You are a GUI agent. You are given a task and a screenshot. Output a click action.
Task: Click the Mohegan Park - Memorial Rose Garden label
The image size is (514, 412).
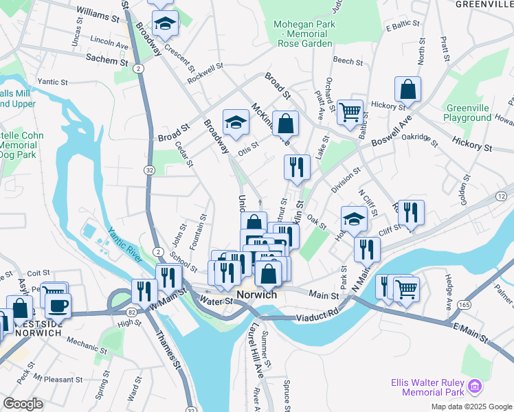click(x=303, y=34)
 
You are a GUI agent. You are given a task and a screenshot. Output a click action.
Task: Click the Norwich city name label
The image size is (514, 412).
click(x=256, y=295)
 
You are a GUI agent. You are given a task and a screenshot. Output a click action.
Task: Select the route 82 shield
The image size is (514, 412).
click(x=111, y=312)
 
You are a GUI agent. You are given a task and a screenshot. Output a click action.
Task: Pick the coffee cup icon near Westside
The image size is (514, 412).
click(x=58, y=304)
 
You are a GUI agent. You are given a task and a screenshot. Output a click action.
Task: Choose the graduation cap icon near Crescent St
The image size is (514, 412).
click(x=165, y=25)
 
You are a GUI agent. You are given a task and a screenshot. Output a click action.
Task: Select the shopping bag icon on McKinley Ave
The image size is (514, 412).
click(x=286, y=124)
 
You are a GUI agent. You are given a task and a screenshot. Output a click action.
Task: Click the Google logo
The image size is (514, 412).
click(x=23, y=404)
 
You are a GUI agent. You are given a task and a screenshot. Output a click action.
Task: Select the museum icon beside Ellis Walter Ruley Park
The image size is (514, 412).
click(x=474, y=387)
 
